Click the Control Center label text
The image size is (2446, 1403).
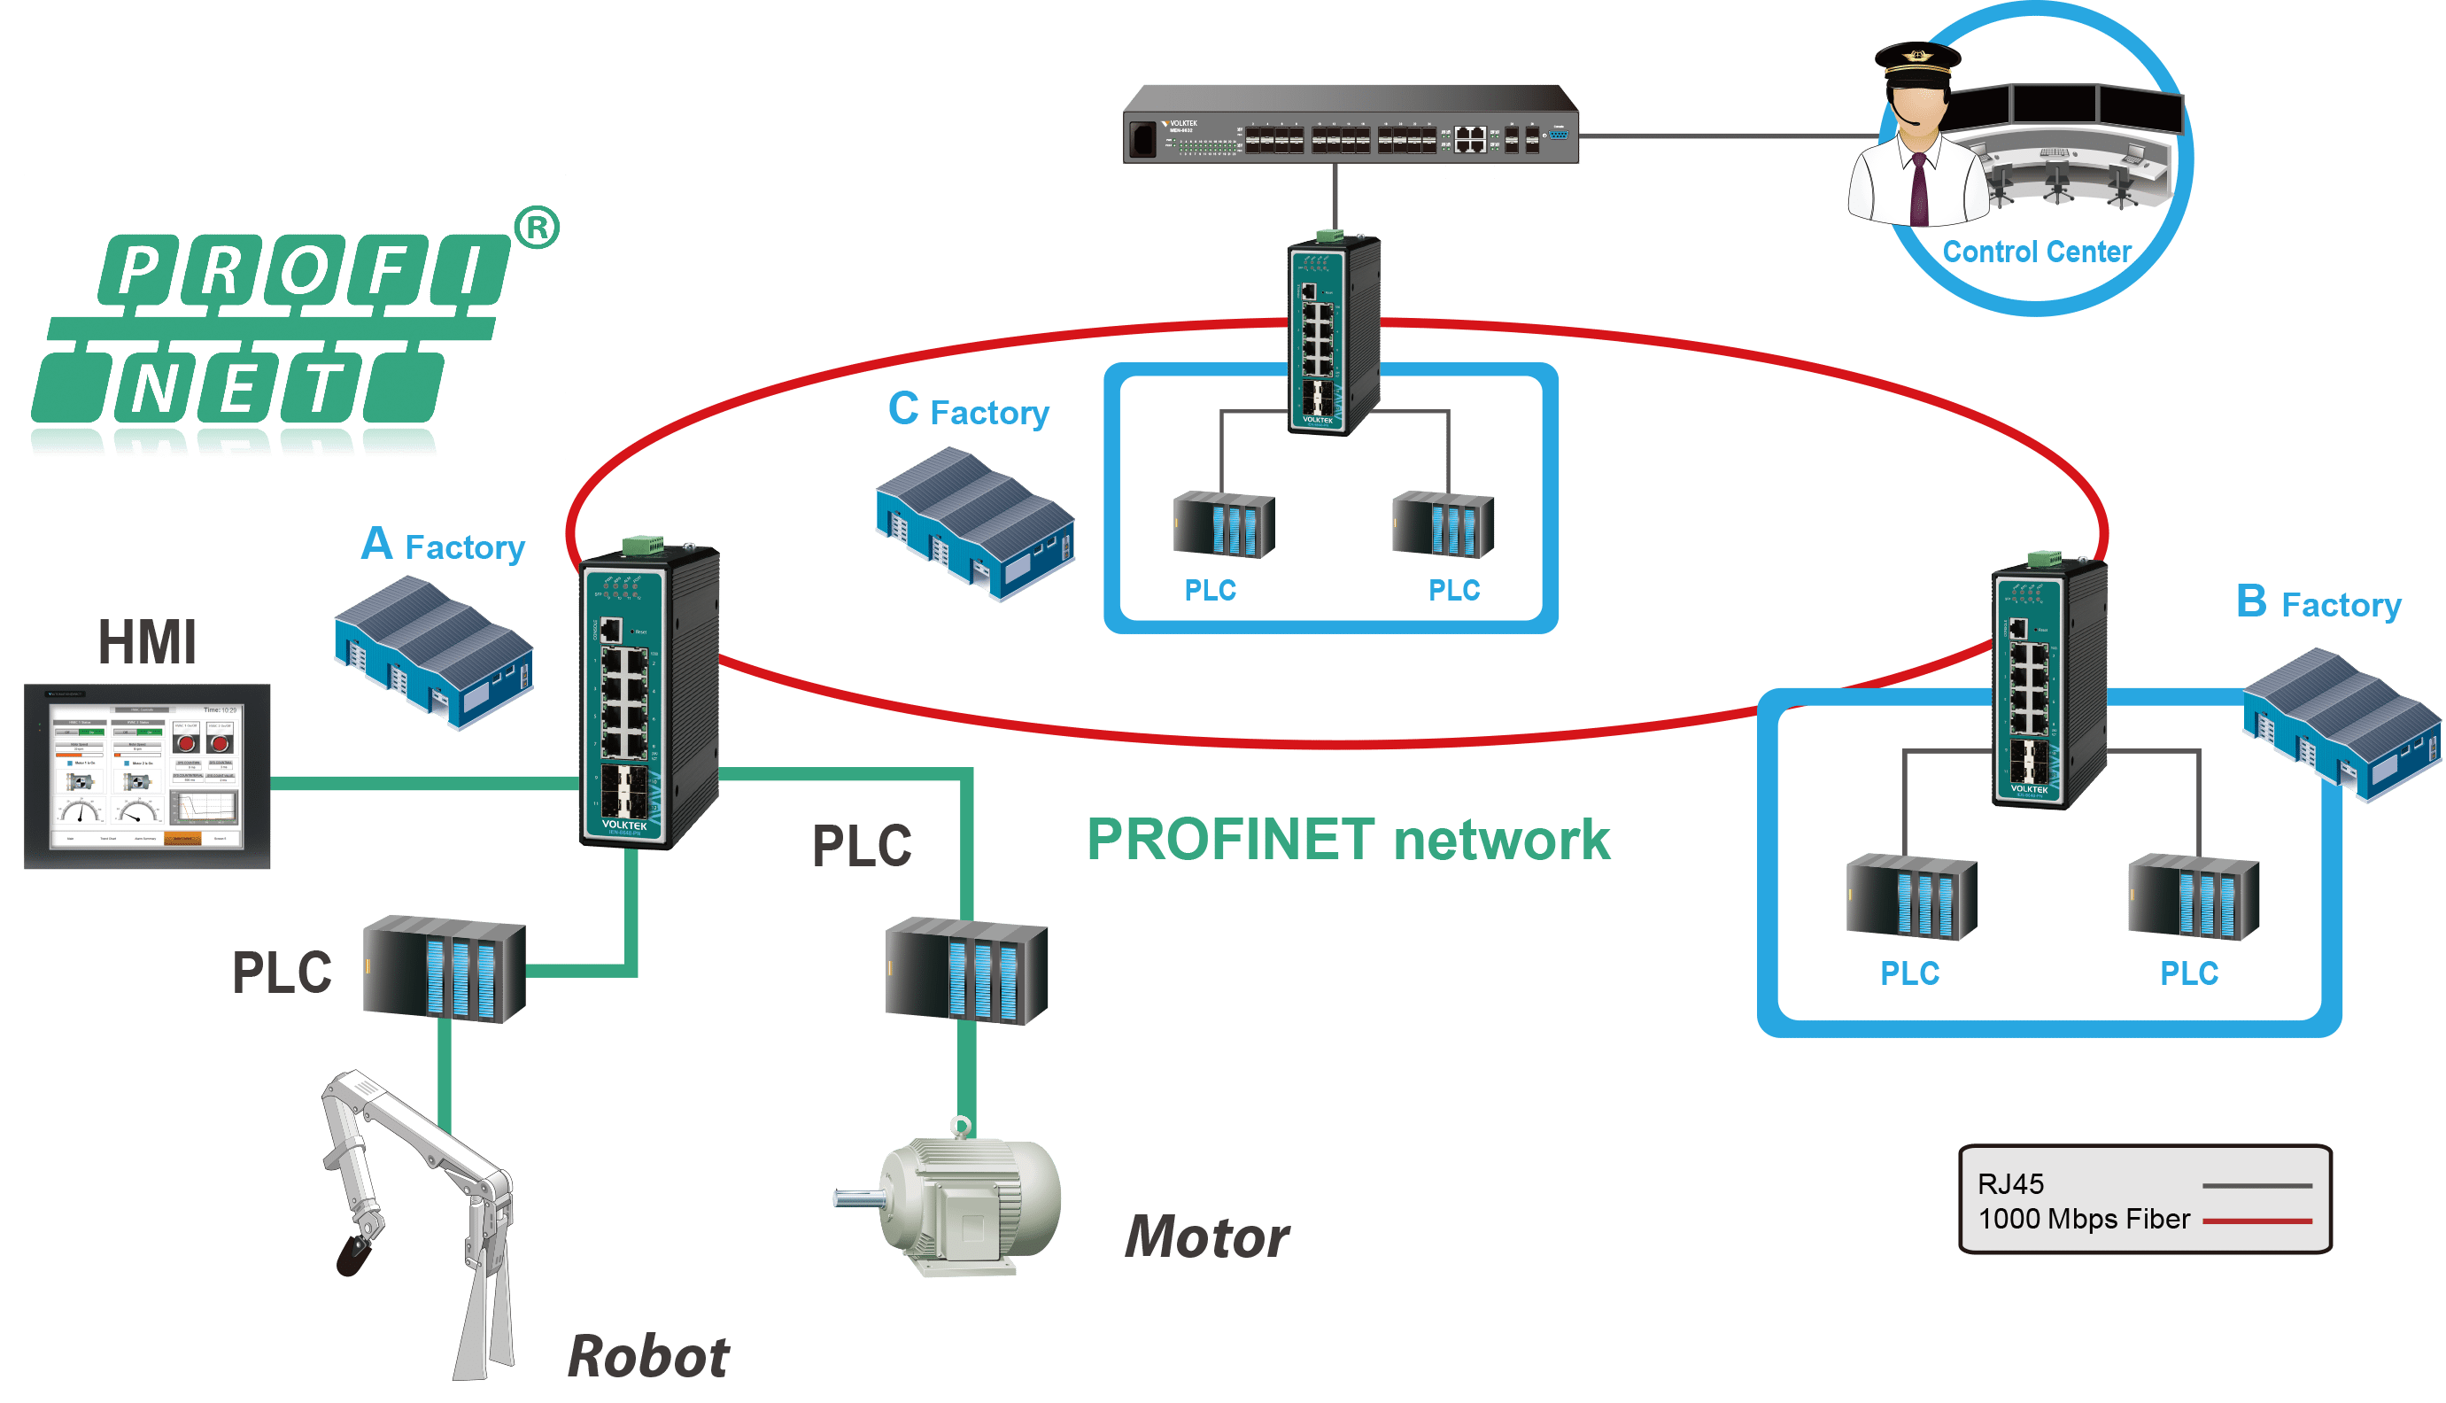(2036, 252)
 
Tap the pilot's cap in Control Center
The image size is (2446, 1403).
(1917, 58)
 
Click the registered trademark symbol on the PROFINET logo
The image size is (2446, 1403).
(537, 228)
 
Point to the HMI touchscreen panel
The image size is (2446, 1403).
(147, 777)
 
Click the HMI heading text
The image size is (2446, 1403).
(147, 643)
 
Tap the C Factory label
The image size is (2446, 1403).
(967, 410)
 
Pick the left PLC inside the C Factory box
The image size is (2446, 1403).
(1224, 525)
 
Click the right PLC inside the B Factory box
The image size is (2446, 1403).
(2193, 897)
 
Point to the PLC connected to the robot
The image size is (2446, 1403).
(444, 969)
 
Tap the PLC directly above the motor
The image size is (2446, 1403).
(965, 971)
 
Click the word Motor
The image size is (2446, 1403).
(1206, 1237)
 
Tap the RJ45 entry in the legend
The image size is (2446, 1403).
(2010, 1184)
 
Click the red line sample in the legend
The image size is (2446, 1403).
(2256, 1221)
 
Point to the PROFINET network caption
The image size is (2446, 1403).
(1348, 840)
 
